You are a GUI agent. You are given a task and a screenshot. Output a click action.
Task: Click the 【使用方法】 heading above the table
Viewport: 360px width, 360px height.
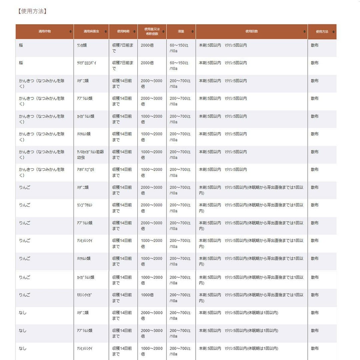click(x=32, y=11)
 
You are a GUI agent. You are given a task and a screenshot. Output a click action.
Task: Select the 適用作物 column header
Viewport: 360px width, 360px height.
click(x=45, y=31)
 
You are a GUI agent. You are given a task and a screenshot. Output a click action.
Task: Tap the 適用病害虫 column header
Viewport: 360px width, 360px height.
click(x=91, y=31)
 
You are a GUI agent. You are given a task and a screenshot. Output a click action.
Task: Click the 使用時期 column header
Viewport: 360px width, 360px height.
click(x=123, y=31)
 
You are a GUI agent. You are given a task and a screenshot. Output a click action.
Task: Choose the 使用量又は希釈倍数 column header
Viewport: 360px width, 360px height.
click(x=152, y=31)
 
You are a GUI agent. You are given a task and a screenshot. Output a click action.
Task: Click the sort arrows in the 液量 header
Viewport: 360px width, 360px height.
click(x=193, y=32)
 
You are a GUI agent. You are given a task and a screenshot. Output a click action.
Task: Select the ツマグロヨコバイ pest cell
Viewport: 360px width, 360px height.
click(x=86, y=63)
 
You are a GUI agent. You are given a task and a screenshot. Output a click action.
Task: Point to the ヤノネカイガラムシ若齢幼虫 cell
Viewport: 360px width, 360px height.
click(x=90, y=155)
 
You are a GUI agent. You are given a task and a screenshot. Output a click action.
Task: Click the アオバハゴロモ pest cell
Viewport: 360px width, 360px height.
click(x=86, y=170)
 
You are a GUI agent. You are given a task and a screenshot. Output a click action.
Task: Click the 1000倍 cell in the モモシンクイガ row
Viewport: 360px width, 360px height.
click(x=147, y=295)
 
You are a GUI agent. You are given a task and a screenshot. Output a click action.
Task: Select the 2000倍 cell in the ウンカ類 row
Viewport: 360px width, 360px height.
click(x=147, y=45)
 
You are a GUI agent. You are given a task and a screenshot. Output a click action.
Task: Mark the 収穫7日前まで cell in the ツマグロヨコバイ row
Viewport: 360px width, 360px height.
click(x=123, y=66)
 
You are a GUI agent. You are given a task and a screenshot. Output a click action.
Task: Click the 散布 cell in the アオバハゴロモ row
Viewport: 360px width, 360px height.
click(x=315, y=170)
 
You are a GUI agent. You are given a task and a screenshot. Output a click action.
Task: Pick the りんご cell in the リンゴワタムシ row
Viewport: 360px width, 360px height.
click(x=25, y=205)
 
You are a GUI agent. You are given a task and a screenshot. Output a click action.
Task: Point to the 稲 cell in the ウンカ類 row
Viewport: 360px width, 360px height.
click(x=21, y=45)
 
